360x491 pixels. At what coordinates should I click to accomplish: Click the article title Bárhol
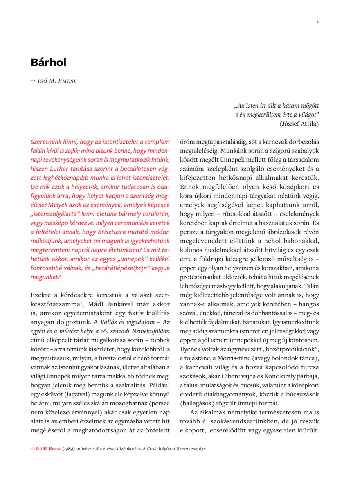(48, 62)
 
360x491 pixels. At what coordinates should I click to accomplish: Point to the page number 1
(318, 21)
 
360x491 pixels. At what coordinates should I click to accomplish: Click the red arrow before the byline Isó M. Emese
(33, 81)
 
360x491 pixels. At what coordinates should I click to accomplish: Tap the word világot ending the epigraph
(306, 114)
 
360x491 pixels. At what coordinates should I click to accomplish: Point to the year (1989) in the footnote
(68, 449)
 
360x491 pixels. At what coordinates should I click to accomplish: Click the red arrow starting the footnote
(33, 449)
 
